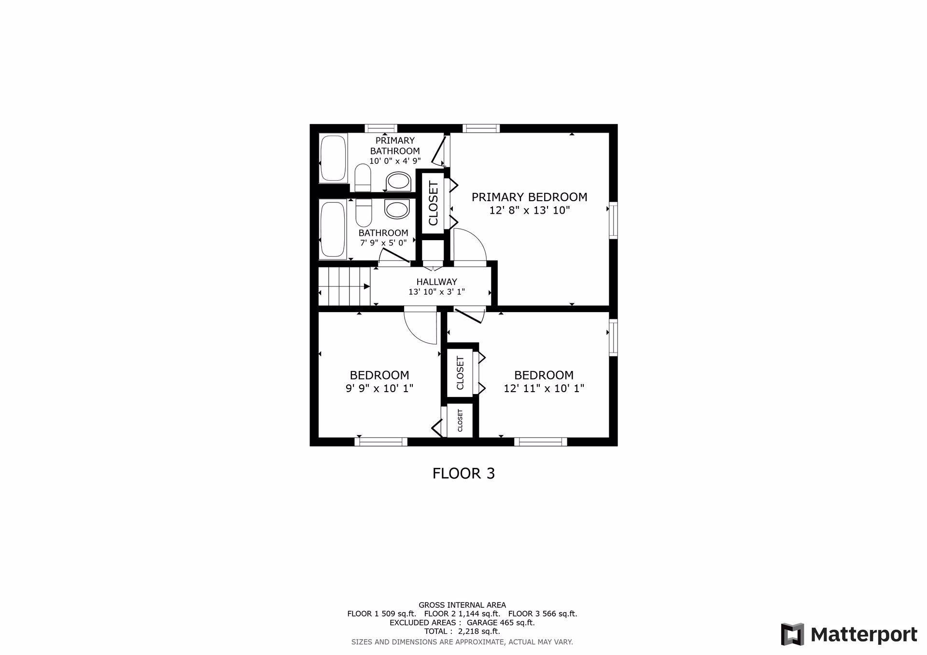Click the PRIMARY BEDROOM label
[x=529, y=197]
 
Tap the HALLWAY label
[x=436, y=282]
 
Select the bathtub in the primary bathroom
[x=333, y=158]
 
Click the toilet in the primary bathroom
[x=363, y=177]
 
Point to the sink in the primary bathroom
[x=398, y=181]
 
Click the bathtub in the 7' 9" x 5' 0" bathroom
[x=333, y=229]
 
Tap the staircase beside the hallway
[x=344, y=287]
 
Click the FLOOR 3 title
[x=463, y=474]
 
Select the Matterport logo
[x=849, y=634]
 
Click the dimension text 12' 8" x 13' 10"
[x=530, y=210]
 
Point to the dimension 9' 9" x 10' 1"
[x=379, y=388]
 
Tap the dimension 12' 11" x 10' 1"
[x=544, y=388]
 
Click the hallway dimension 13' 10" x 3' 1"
[x=436, y=292]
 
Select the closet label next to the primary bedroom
[x=433, y=203]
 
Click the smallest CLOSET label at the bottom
[x=460, y=421]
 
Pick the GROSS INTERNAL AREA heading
[x=462, y=605]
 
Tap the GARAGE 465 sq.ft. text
[x=501, y=623]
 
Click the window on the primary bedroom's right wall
[x=613, y=220]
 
